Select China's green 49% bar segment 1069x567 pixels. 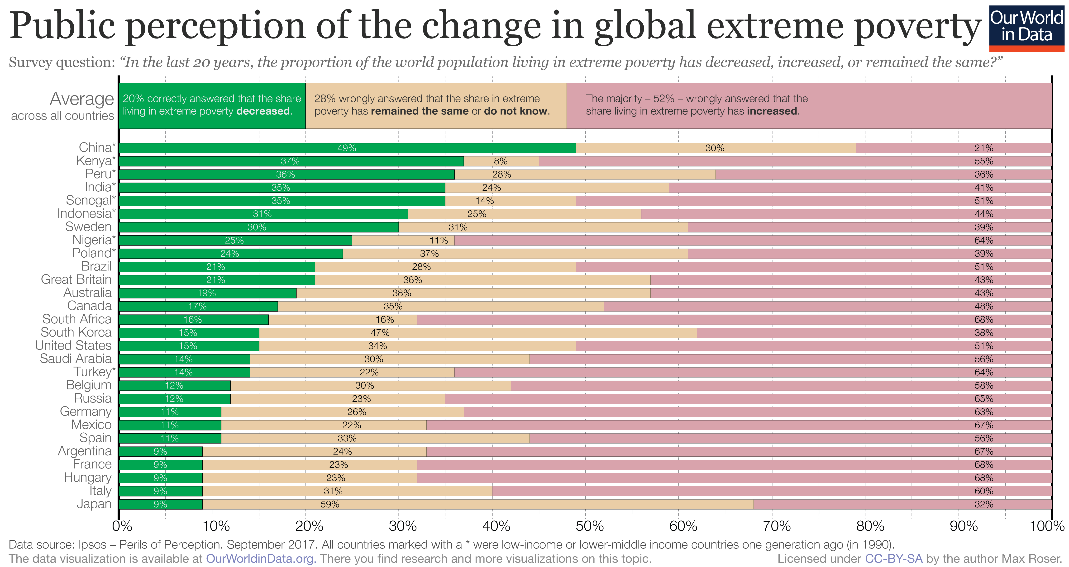coord(347,148)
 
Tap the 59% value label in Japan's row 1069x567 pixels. coord(330,504)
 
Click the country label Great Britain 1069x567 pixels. coord(76,279)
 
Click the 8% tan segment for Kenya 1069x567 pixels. coord(501,161)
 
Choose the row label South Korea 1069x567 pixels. coord(76,333)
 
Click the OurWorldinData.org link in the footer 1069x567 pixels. coord(261,559)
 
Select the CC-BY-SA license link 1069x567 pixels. coord(893,559)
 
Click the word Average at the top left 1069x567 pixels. coord(82,99)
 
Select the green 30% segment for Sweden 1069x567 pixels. coord(257,227)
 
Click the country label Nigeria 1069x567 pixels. coord(92,240)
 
